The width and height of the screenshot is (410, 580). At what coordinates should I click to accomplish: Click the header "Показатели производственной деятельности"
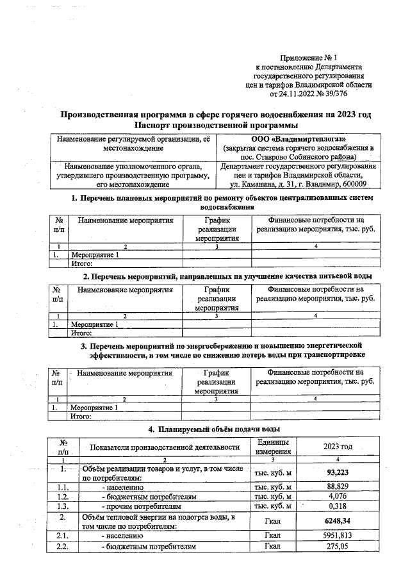(165, 447)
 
